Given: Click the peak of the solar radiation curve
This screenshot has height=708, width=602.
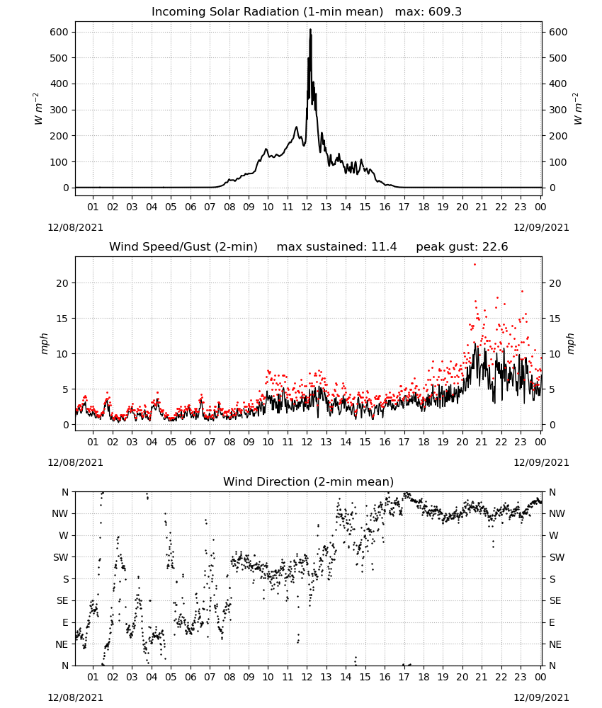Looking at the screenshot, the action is (x=310, y=30).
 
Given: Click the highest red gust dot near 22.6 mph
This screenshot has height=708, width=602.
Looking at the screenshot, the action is (x=475, y=265).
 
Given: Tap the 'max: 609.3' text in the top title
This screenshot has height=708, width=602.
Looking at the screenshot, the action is (x=428, y=12).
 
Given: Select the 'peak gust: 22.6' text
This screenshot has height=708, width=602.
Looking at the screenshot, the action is (x=462, y=247).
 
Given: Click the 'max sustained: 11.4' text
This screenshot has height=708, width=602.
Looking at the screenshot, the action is (x=336, y=247).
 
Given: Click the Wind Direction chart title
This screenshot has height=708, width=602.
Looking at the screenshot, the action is (x=309, y=481).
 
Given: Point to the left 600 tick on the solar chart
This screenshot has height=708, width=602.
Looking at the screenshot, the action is (x=59, y=32).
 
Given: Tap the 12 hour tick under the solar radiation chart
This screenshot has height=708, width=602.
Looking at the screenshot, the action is (x=307, y=207).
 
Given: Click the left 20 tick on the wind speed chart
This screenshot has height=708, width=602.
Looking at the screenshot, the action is (x=62, y=283).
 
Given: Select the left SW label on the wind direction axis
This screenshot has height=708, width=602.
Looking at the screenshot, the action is (x=61, y=557).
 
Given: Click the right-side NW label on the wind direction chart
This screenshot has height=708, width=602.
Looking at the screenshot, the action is (x=557, y=513).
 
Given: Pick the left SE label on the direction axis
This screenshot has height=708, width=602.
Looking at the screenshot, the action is (x=62, y=600).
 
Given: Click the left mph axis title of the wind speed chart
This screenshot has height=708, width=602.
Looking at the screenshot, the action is (x=44, y=343).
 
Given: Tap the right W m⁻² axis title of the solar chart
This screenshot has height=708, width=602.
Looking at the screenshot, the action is (x=578, y=109).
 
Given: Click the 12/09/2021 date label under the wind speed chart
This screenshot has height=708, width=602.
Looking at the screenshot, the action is (x=541, y=462).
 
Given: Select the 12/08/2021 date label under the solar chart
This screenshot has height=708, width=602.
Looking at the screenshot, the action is (x=75, y=227).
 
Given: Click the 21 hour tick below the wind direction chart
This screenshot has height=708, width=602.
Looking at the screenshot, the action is (x=482, y=677).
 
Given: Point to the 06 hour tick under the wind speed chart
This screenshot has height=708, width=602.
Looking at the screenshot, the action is (x=190, y=442).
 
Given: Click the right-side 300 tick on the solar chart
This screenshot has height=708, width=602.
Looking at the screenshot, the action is (x=558, y=110).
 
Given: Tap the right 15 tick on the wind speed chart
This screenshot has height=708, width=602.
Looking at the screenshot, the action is (x=555, y=319).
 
